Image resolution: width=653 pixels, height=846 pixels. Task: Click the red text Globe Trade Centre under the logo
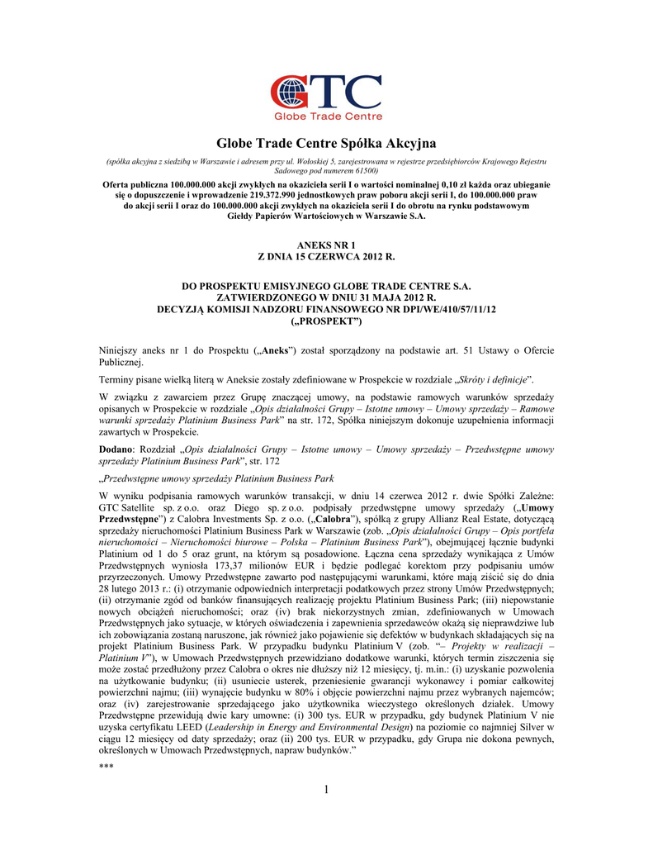pyautogui.click(x=326, y=116)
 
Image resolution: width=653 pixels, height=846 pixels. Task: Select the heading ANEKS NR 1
pyautogui.click(x=326, y=245)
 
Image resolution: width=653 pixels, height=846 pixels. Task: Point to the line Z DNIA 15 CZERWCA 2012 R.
pyautogui.click(x=326, y=257)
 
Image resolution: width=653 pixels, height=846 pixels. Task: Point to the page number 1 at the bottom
pyautogui.click(x=327, y=791)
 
